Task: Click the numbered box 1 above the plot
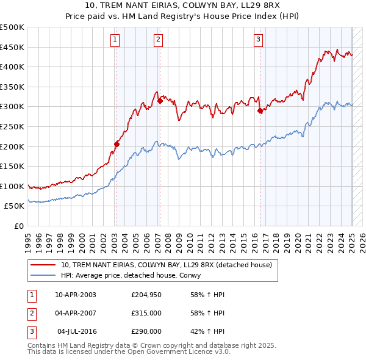[115, 40]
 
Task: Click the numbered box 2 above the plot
[158, 40]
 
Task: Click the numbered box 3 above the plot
[259, 40]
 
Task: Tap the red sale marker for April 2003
[117, 144]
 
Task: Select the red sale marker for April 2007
[160, 101]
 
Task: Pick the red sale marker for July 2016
[260, 110]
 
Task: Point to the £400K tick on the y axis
[12, 67]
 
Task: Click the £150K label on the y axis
[12, 166]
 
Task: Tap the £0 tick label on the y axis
[18, 226]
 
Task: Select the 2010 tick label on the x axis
[190, 240]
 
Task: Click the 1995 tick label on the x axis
[28, 240]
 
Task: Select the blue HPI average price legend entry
[138, 276]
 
